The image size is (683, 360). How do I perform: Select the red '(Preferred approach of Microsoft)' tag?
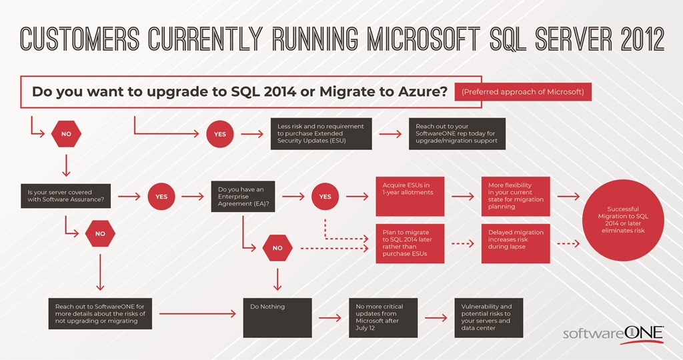point(522,92)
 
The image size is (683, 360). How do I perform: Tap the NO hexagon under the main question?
point(66,134)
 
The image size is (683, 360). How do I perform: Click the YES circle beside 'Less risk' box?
point(219,134)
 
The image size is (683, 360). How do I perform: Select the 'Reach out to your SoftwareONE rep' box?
point(457,134)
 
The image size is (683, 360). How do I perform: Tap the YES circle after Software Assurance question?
point(161,197)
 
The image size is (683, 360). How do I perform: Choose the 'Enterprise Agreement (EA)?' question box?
point(245,197)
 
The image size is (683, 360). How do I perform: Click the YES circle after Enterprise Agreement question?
point(325,197)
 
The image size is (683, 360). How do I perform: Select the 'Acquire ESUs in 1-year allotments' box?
point(410,197)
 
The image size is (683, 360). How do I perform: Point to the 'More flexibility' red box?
point(516,197)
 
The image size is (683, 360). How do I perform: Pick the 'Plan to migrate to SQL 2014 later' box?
point(410,243)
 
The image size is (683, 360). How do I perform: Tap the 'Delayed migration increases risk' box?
point(516,243)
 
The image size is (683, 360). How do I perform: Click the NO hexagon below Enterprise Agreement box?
point(277,248)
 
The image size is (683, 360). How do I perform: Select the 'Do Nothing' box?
point(277,317)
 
